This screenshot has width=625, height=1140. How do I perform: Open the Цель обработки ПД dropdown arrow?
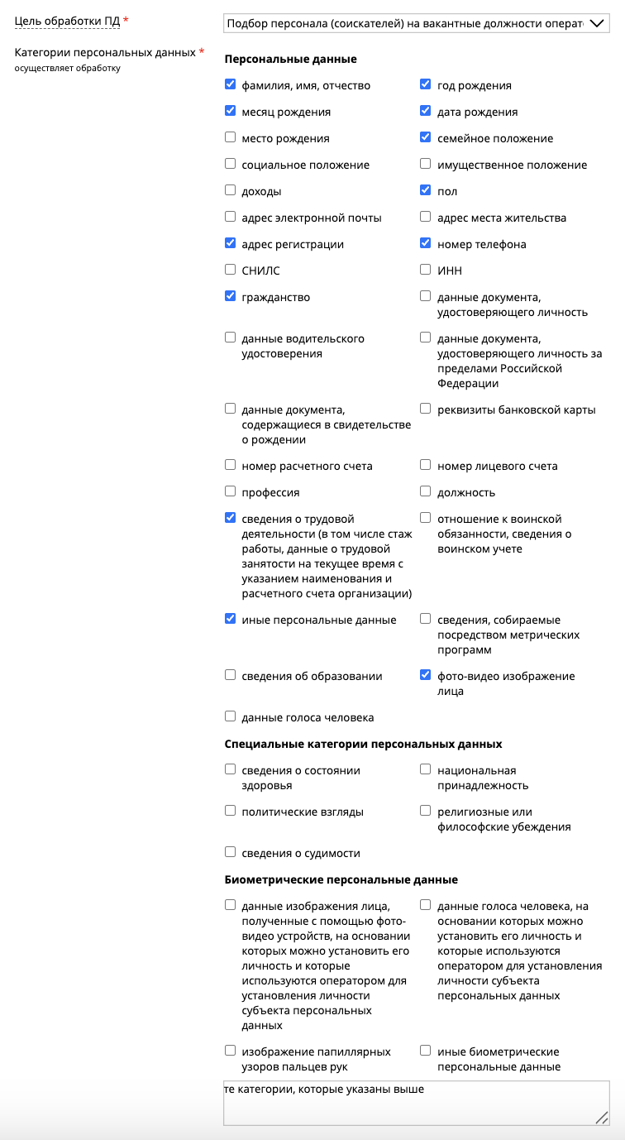click(596, 24)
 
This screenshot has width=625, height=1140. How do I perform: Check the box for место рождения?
click(231, 137)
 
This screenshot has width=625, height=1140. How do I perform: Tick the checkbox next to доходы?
click(231, 190)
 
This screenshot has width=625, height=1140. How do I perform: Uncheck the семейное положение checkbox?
click(426, 137)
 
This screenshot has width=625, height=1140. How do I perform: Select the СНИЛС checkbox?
click(231, 270)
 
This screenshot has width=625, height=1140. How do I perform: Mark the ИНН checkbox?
click(426, 270)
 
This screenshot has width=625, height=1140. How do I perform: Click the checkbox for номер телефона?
click(426, 243)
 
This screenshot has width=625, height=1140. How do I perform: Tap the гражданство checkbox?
click(231, 296)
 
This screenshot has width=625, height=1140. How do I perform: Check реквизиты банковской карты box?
click(426, 409)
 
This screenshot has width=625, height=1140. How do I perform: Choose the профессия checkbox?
click(231, 491)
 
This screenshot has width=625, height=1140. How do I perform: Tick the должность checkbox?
click(426, 491)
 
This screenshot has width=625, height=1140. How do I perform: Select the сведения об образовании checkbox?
click(231, 675)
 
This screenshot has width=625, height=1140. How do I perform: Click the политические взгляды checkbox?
click(231, 811)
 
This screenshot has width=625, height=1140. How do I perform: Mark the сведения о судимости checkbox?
click(231, 852)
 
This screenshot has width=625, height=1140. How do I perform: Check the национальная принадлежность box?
click(426, 769)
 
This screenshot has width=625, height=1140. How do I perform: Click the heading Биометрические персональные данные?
click(341, 879)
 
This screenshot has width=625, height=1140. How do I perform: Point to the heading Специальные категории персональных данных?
click(363, 744)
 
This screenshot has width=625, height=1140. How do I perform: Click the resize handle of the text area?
click(602, 1118)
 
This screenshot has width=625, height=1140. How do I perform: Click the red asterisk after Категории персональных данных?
click(202, 52)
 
